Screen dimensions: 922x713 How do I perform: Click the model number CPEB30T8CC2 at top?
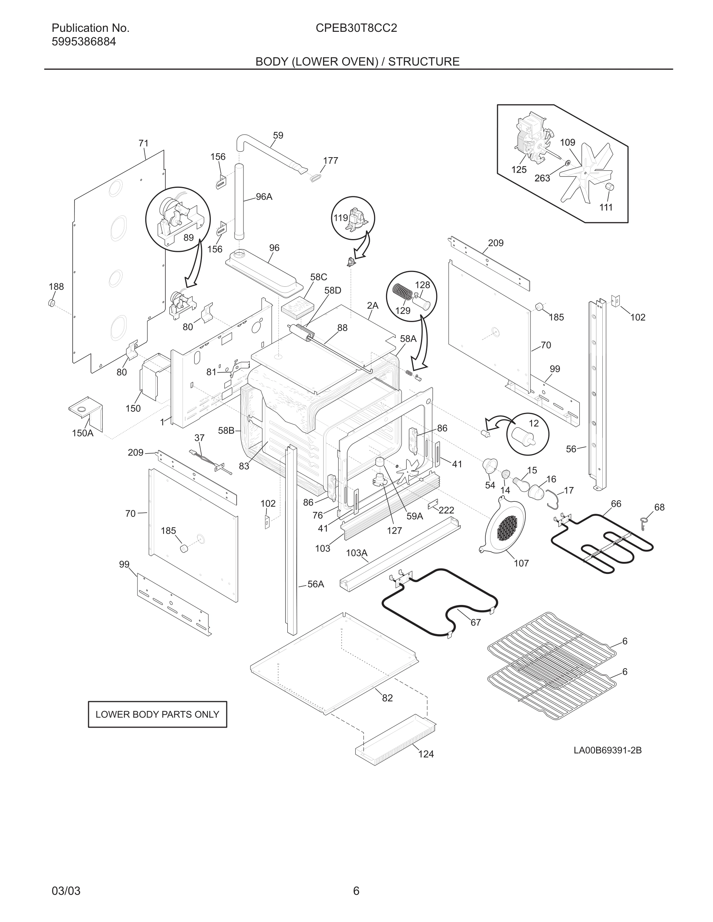click(x=356, y=28)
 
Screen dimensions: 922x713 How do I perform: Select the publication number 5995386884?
click(x=83, y=42)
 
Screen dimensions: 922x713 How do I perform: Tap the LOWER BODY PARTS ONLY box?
click(x=157, y=714)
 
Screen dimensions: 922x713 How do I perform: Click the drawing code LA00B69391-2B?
click(x=607, y=750)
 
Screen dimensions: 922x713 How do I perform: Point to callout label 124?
click(x=426, y=754)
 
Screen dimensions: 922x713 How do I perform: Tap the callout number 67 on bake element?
click(x=476, y=623)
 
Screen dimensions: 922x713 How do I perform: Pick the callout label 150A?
click(x=82, y=433)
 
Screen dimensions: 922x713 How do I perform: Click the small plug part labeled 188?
click(x=52, y=303)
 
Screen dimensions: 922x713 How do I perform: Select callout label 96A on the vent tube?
click(x=264, y=197)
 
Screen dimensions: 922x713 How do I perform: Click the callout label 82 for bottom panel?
click(x=387, y=698)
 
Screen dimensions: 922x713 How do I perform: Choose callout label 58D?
click(x=332, y=290)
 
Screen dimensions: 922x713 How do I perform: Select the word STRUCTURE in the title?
click(x=424, y=62)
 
